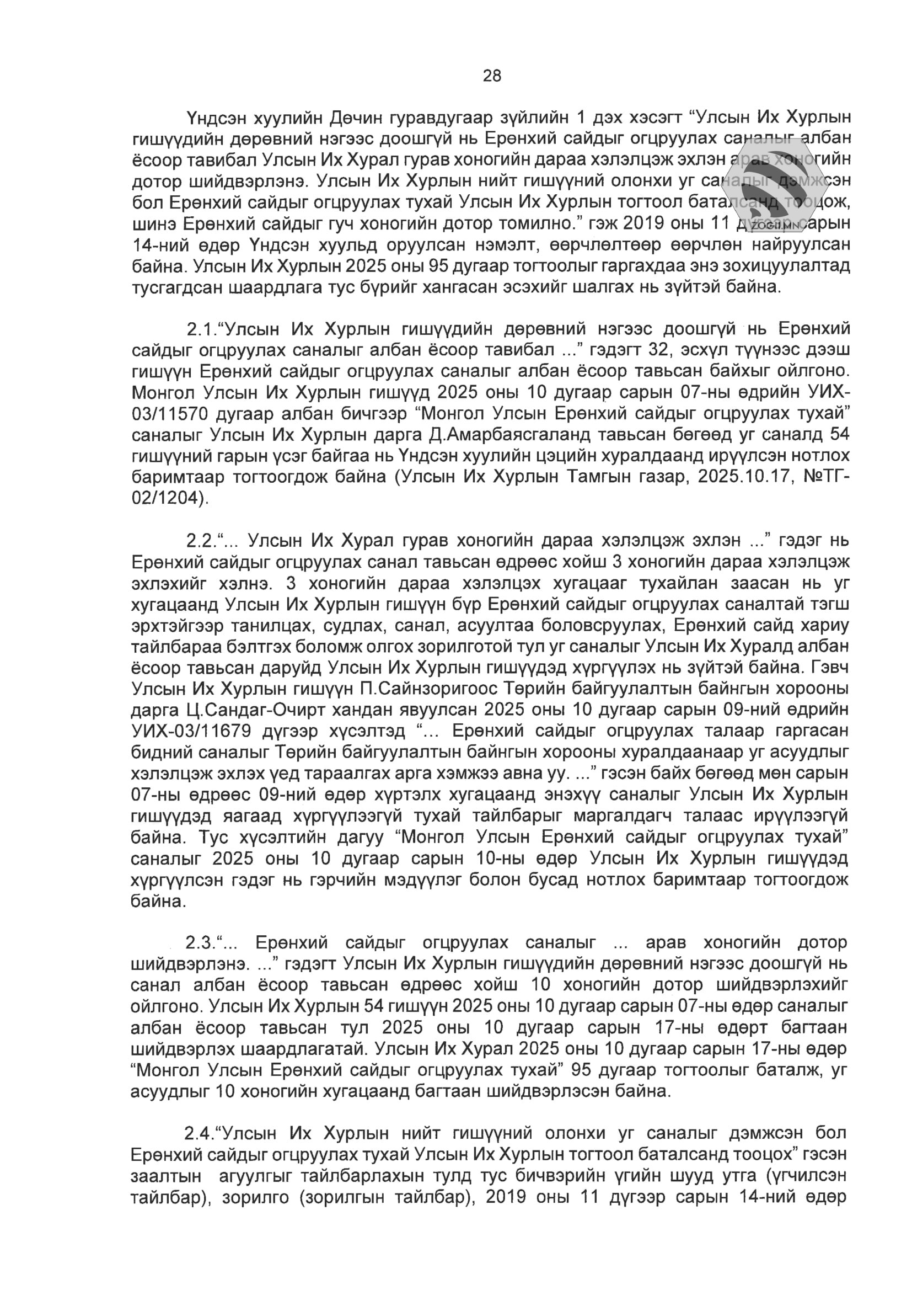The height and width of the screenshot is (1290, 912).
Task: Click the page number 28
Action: coord(492,76)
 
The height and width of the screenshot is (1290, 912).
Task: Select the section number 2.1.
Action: coord(201,329)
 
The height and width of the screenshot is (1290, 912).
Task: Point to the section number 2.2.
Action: coord(201,541)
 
